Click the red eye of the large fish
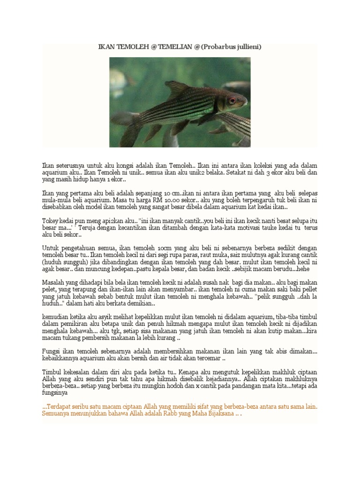click(232, 100)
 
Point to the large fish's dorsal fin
click(177, 89)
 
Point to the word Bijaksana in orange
click(220, 414)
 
